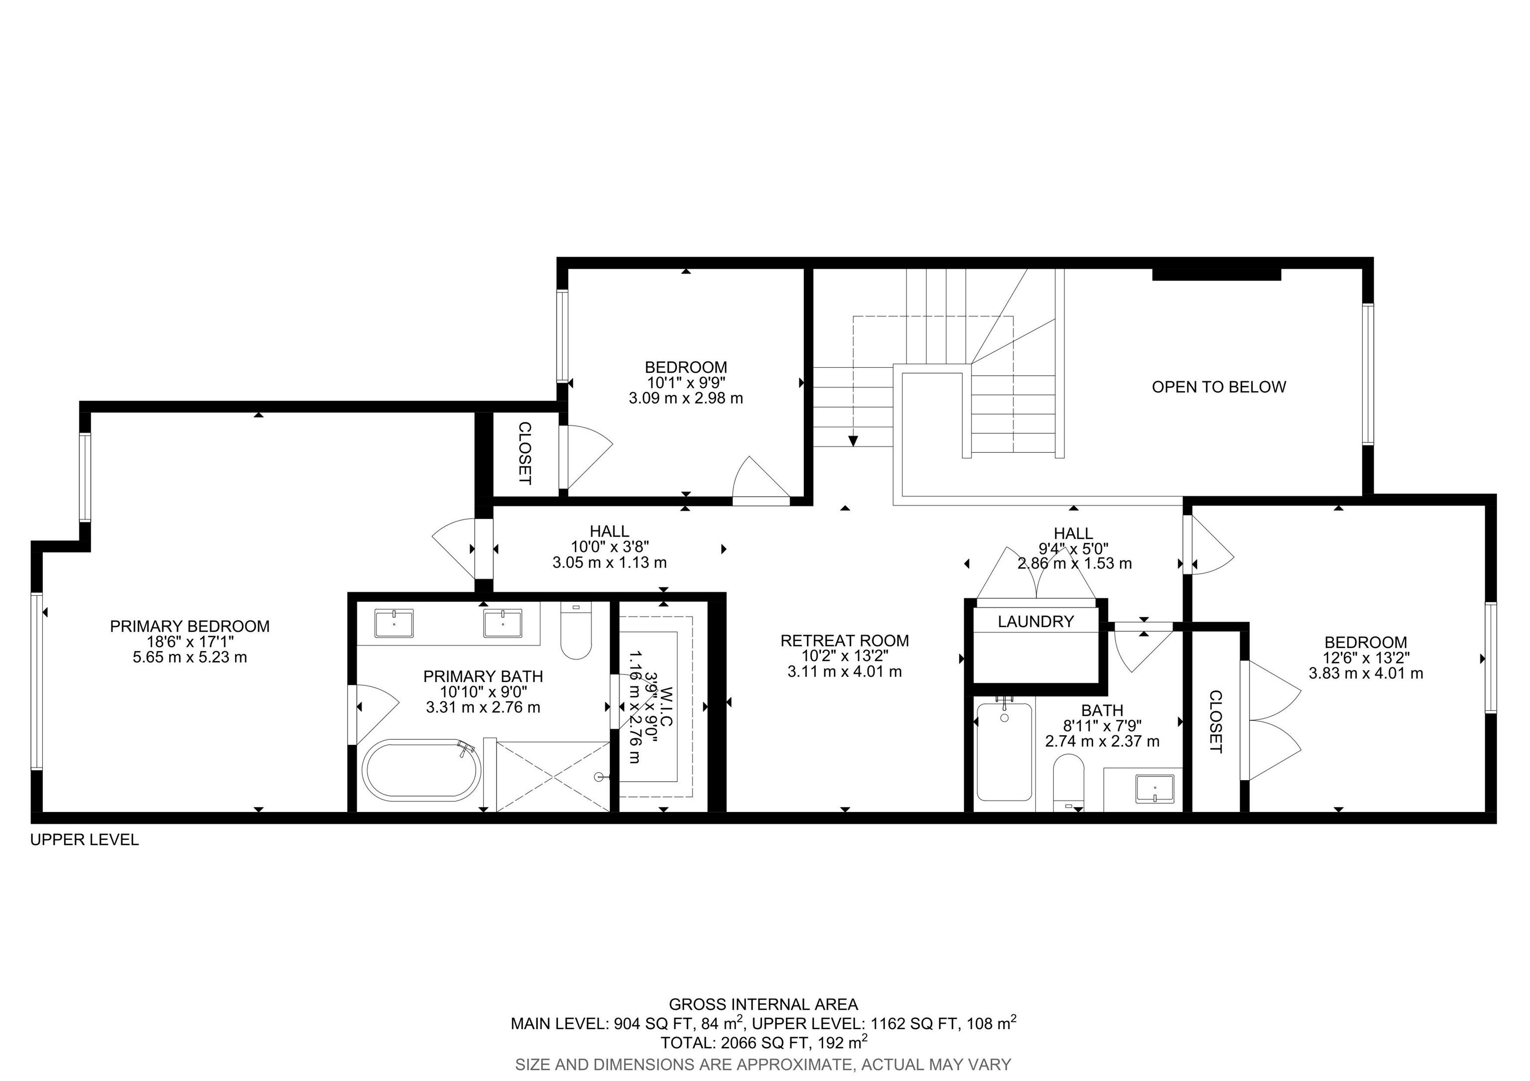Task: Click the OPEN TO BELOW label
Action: tap(1219, 387)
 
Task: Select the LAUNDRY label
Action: tap(1035, 622)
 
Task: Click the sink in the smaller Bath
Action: tap(1155, 790)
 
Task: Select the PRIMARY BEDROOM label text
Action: tap(190, 627)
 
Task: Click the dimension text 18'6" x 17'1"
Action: tap(190, 642)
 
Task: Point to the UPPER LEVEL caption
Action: tap(85, 840)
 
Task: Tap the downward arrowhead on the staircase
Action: tap(853, 441)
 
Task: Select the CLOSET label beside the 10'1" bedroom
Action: tap(525, 453)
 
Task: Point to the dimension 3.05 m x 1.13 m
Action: tap(610, 562)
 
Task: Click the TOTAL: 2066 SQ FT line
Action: tap(764, 1042)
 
